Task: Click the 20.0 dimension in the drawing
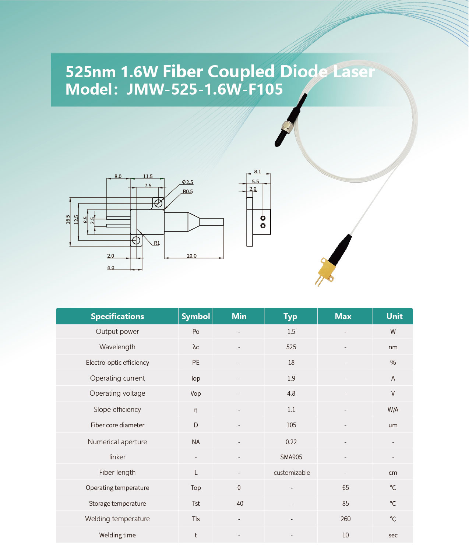[x=191, y=256]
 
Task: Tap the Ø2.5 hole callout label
[x=187, y=182]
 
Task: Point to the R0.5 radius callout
[x=188, y=191]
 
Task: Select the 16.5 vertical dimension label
[x=68, y=219]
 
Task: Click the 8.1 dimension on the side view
[x=257, y=172]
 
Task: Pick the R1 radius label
[x=157, y=243]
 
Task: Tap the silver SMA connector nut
[x=286, y=127]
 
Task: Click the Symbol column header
[x=195, y=316]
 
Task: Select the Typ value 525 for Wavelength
[x=291, y=347]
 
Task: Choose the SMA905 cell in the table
[x=291, y=457]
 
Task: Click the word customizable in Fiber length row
[x=292, y=473]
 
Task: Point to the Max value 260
[x=345, y=519]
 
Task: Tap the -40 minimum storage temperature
[x=239, y=504]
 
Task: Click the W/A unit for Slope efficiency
[x=393, y=410]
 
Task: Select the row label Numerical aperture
[x=117, y=442]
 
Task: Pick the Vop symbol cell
[x=195, y=393]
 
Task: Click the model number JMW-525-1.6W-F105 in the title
[x=204, y=89]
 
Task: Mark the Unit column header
[x=394, y=316]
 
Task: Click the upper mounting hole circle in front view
[x=158, y=203]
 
